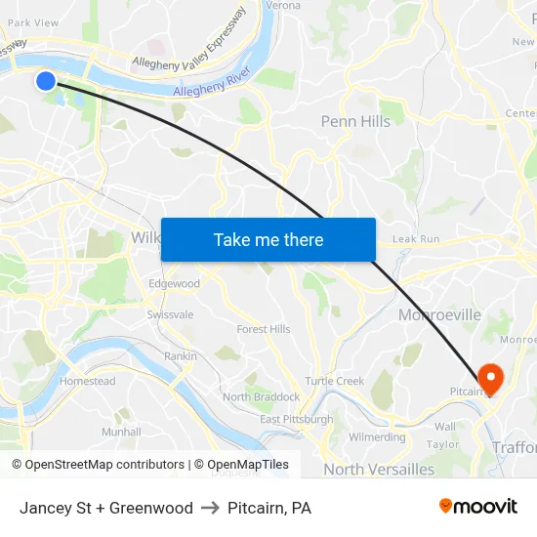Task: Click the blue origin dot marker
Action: tap(46, 80)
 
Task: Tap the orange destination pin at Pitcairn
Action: tap(489, 377)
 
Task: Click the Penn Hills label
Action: tap(355, 121)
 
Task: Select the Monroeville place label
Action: tap(439, 314)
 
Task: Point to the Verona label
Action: tap(283, 5)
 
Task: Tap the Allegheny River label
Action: tap(212, 83)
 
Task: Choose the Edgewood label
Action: tap(174, 283)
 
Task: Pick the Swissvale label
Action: tap(170, 314)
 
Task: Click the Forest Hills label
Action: tap(263, 329)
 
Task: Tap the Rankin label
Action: tap(181, 356)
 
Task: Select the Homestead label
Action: tap(87, 381)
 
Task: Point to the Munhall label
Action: tap(121, 431)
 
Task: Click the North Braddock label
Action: tap(261, 396)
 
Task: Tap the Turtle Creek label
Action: tap(334, 381)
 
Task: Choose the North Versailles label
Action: tap(379, 470)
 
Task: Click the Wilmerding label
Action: tap(377, 437)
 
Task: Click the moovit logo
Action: tap(478, 506)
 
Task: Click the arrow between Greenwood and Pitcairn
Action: tap(210, 508)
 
